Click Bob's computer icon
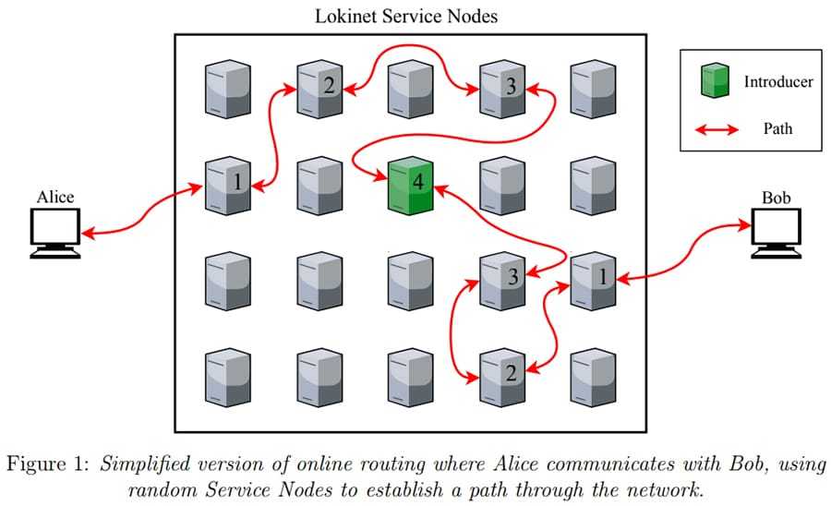[777, 231]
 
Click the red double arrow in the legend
[717, 128]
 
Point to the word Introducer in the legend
[778, 82]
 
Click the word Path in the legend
[777, 128]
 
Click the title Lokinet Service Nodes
[407, 16]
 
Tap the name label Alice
[55, 197]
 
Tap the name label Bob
[777, 197]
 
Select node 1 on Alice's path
[227, 183]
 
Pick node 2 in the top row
[319, 87]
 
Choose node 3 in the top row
[502, 87]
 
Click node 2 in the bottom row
[502, 374]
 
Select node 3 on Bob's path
[502, 278]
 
